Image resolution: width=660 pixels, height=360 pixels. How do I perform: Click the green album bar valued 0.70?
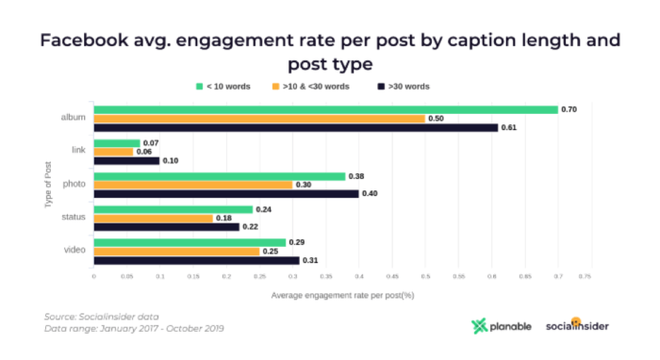click(x=325, y=109)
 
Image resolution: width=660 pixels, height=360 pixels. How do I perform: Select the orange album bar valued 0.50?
click(x=259, y=119)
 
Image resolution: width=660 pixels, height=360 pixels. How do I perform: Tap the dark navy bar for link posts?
click(x=126, y=160)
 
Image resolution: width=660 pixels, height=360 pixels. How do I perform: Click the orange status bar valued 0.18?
click(x=153, y=218)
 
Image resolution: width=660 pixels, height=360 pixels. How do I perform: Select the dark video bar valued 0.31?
click(x=196, y=260)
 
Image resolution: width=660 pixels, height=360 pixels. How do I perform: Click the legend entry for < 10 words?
click(x=225, y=86)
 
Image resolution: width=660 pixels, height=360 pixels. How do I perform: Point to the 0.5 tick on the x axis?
click(x=424, y=277)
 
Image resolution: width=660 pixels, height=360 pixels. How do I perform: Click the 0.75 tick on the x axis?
click(x=590, y=277)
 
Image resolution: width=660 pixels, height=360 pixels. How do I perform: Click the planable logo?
click(x=501, y=326)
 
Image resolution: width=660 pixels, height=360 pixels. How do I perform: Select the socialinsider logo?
click(x=577, y=325)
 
